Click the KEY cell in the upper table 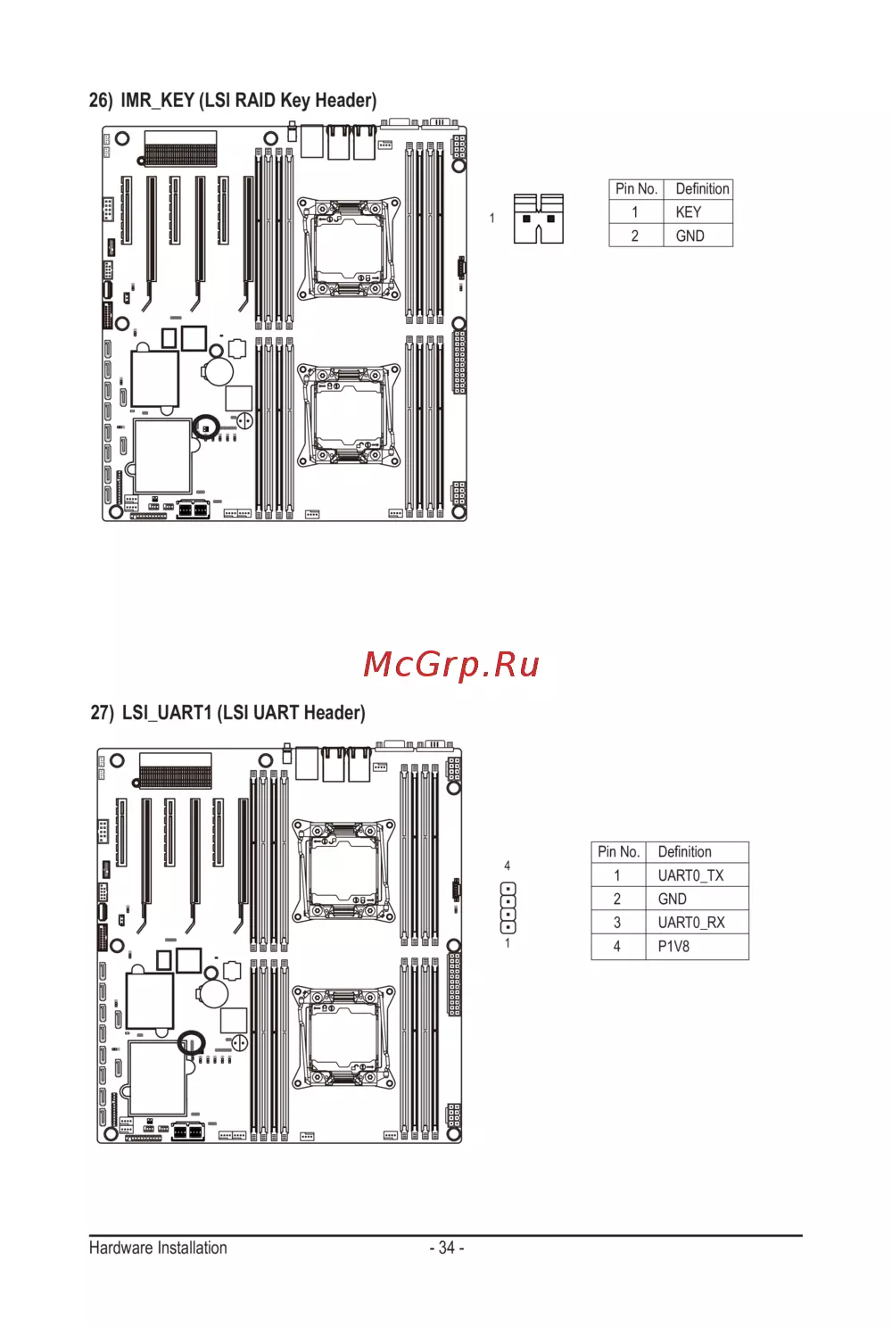pyautogui.click(x=698, y=211)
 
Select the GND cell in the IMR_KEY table pyautogui.click(x=698, y=236)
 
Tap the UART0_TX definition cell pyautogui.click(x=697, y=874)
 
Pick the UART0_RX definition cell pyautogui.click(x=697, y=923)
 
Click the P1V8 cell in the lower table pyautogui.click(x=697, y=947)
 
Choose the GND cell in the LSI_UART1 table pyautogui.click(x=697, y=899)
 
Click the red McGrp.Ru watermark pyautogui.click(x=451, y=665)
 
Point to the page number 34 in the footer pyautogui.click(x=447, y=1247)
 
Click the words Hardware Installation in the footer pyautogui.click(x=158, y=1247)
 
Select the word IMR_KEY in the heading pyautogui.click(x=158, y=101)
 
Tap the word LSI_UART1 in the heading pyautogui.click(x=167, y=713)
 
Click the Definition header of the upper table pyautogui.click(x=702, y=189)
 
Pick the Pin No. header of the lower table pyautogui.click(x=618, y=852)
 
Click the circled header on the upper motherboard pyautogui.click(x=206, y=427)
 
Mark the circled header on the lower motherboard pyautogui.click(x=191, y=1043)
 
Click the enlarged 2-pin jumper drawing pyautogui.click(x=539, y=219)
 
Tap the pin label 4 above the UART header pyautogui.click(x=508, y=866)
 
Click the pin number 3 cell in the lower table pyautogui.click(x=618, y=923)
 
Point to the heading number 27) pyautogui.click(x=102, y=713)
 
